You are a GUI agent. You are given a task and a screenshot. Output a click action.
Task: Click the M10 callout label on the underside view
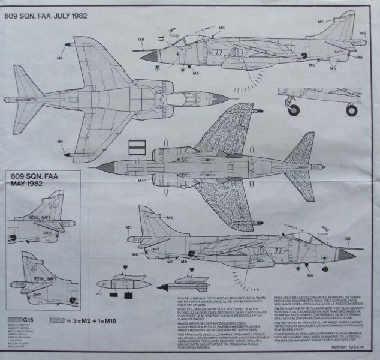pos(141,181)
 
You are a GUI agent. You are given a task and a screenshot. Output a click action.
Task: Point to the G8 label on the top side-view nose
pos(141,40)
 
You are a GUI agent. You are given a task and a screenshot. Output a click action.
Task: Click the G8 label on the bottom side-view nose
pos(347,238)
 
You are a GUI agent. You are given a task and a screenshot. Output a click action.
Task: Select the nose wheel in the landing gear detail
pos(294,109)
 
